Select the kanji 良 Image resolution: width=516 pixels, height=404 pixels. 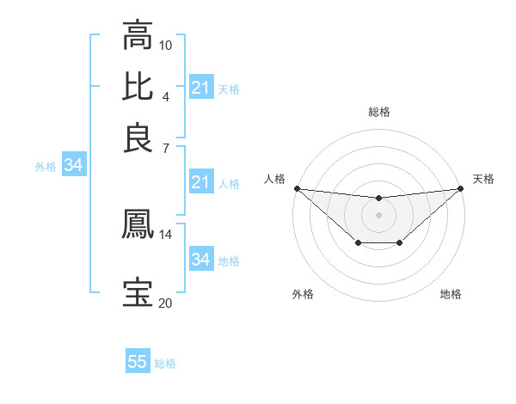[x=138, y=137]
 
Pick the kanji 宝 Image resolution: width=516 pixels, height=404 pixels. [x=138, y=292]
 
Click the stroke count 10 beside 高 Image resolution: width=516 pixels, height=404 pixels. [x=166, y=45]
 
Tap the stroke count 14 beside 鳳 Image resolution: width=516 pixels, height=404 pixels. [x=165, y=234]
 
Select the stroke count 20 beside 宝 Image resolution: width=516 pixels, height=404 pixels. [x=165, y=303]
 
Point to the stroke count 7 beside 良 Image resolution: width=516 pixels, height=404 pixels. [x=166, y=147]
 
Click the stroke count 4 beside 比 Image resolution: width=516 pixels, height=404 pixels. [x=166, y=95]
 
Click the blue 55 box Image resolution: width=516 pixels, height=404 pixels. [x=138, y=362]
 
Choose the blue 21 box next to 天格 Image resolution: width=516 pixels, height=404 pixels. [x=200, y=88]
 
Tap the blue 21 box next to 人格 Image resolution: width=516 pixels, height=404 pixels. [x=200, y=182]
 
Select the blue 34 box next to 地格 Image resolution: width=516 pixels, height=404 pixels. [x=200, y=260]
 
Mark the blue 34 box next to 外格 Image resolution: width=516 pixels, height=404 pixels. [x=73, y=166]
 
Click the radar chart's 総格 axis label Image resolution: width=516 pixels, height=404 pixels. [x=378, y=112]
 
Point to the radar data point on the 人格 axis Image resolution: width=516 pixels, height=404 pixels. [x=297, y=188]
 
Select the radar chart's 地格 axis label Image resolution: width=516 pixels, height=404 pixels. [x=451, y=295]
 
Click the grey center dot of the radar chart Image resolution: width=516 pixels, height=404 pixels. [x=378, y=214]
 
